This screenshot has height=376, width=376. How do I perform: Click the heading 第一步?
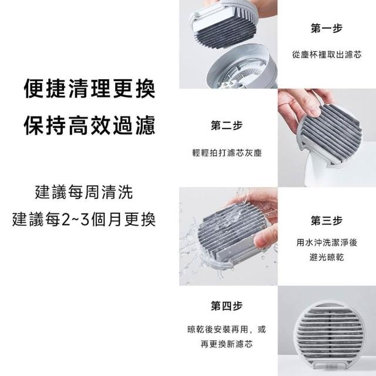327,28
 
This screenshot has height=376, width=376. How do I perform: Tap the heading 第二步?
227,125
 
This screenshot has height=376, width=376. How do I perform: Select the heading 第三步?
327,220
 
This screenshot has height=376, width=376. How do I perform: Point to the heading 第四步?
227,305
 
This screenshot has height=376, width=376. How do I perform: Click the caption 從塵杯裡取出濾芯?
327,55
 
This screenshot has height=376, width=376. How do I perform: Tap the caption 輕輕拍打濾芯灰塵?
227,153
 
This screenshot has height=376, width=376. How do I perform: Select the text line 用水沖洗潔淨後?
327,243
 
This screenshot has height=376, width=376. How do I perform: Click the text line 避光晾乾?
327,257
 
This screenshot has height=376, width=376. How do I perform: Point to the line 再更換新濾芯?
227,344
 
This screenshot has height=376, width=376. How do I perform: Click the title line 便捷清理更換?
90,88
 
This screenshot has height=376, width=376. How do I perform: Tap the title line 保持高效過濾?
90,125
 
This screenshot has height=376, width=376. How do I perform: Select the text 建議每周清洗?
83,192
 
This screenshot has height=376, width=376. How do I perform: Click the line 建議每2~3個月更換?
83,219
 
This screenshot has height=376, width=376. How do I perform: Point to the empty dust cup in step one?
242,66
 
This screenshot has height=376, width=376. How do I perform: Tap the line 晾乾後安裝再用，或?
227,329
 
